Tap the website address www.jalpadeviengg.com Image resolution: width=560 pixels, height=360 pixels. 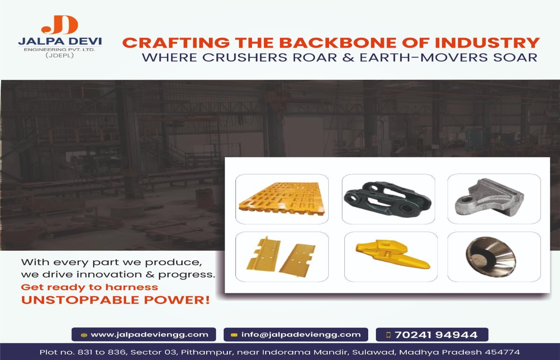[149, 334]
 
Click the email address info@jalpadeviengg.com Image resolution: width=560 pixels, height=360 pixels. [301, 334]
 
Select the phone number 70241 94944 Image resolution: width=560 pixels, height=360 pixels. [436, 335]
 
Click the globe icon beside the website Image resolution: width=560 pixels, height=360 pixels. [84, 335]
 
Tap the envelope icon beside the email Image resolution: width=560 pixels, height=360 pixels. [234, 335]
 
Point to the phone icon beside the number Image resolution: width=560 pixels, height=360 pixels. [388, 335]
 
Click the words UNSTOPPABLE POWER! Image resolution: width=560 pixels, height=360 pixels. [115, 300]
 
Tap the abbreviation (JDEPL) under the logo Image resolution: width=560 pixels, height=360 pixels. [59, 55]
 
